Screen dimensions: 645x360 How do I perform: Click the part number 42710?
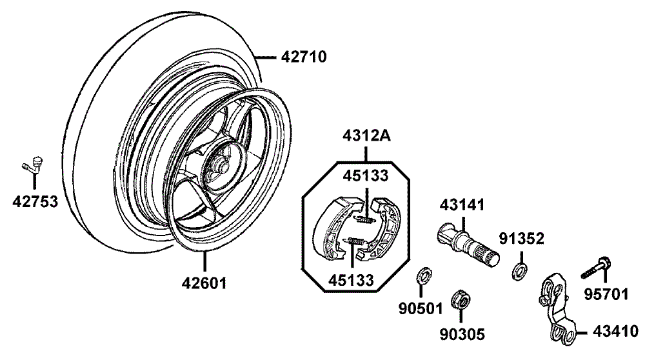(304, 57)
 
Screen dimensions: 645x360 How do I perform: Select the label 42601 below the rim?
(204, 283)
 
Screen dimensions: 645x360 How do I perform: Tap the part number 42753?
(35, 201)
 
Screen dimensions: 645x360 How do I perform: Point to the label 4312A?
(366, 135)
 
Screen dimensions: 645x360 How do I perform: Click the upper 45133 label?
(366, 175)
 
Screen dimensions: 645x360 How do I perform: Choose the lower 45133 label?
(351, 280)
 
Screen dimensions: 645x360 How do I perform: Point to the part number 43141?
(462, 205)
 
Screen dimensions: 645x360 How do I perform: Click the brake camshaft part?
(468, 245)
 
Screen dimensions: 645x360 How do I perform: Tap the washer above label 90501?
(424, 275)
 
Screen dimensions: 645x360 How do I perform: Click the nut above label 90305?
(461, 299)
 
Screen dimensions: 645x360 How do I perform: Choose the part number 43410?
(615, 331)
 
